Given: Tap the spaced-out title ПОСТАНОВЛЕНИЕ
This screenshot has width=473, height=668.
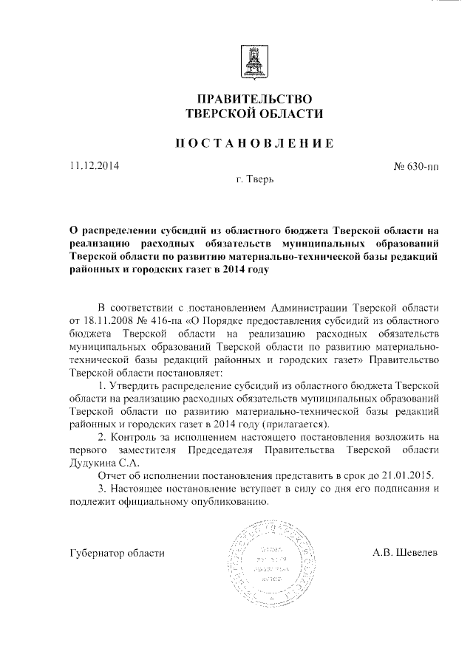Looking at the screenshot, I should pyautogui.click(x=253, y=142).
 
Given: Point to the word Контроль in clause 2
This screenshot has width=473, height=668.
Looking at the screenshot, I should pyautogui.click(x=136, y=439).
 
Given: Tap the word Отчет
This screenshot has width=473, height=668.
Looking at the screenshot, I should pyautogui.click(x=113, y=478).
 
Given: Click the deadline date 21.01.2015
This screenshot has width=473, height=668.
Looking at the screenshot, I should pyautogui.click(x=406, y=478).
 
